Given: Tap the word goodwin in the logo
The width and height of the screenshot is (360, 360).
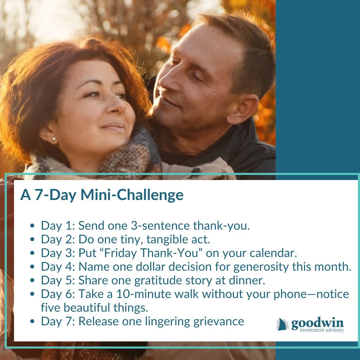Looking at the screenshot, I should [317, 323].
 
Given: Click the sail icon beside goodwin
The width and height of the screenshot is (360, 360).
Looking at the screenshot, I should [283, 324].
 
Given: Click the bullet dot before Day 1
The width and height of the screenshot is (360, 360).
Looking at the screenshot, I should [32, 226].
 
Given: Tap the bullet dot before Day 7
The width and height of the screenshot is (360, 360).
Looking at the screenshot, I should [32, 322].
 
